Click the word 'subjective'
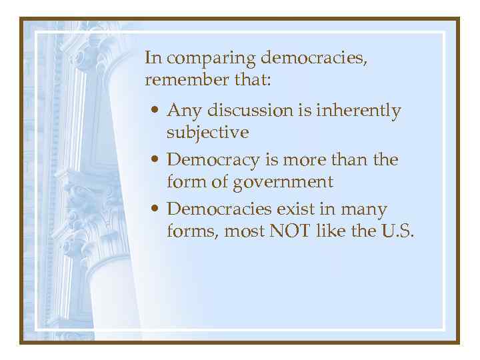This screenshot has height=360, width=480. coord(207,132)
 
